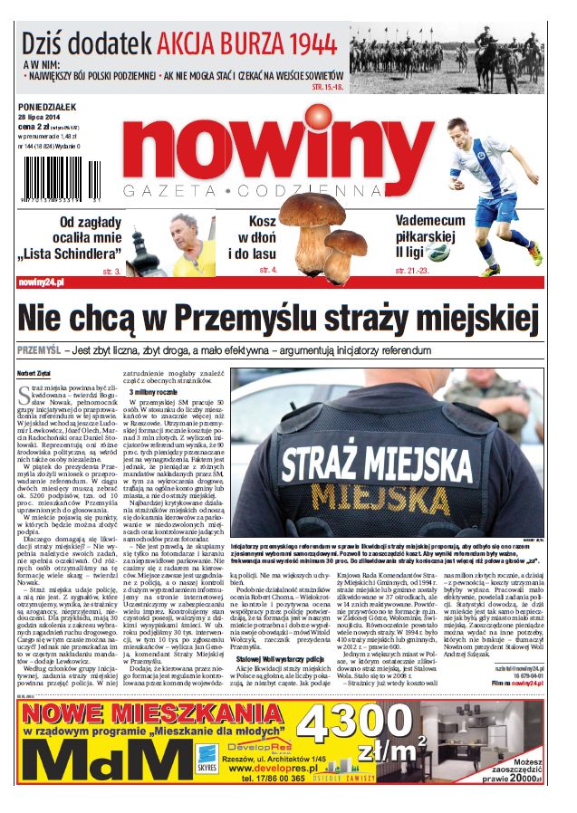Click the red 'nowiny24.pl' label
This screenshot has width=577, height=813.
[x=42, y=283]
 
